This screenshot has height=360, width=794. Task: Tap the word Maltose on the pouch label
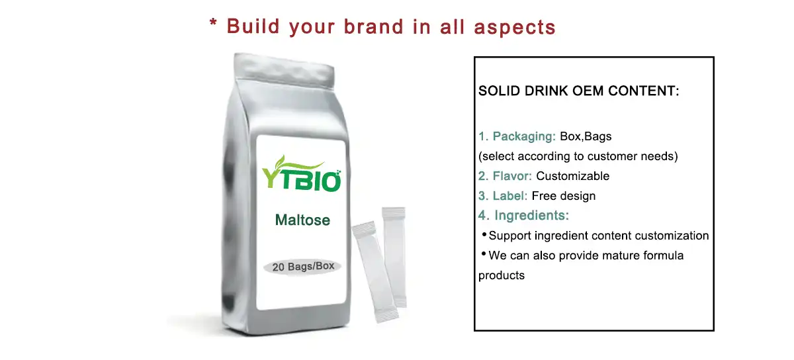(x=302, y=220)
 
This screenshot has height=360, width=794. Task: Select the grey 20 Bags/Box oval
(x=303, y=267)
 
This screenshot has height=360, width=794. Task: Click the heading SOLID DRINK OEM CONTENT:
(x=579, y=91)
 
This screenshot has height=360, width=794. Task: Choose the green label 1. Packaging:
(x=517, y=137)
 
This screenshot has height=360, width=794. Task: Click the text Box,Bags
(x=586, y=137)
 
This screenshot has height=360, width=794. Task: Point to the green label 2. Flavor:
(x=506, y=176)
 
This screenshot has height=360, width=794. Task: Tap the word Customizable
(x=572, y=176)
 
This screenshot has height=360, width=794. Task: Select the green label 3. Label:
(x=503, y=196)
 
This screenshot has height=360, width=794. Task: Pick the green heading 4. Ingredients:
(x=523, y=215)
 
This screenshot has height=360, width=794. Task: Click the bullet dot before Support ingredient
(x=484, y=235)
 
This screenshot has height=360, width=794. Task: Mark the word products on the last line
(x=502, y=275)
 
